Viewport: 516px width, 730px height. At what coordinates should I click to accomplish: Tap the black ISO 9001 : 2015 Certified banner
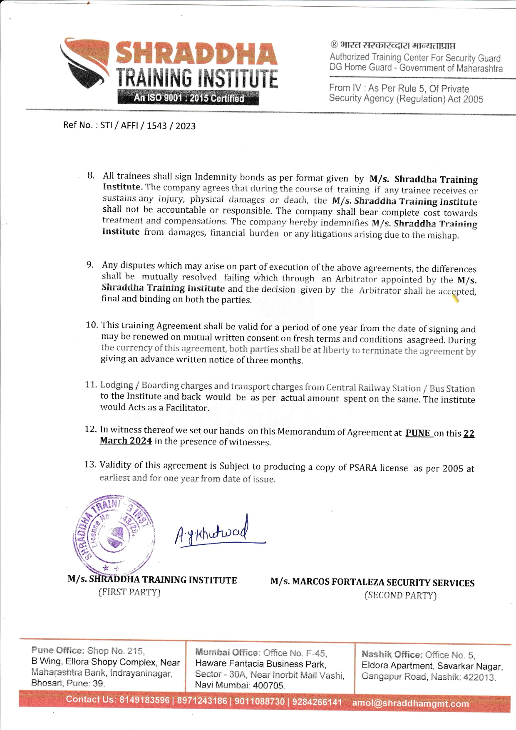coord(188,98)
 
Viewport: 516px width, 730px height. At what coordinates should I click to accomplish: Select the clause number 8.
coord(91,175)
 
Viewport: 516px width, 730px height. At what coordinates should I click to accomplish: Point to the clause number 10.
coord(92,325)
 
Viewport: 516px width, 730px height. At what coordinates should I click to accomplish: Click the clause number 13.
coord(90,464)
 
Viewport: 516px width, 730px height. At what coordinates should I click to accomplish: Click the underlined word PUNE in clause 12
coord(418,433)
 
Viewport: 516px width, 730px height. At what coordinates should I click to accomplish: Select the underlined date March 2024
coord(126,441)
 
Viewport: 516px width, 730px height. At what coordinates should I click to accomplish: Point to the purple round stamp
coord(114,534)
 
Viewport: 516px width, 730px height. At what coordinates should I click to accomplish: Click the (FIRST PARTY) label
coord(129,592)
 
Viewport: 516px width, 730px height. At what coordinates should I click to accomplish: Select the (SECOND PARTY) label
coord(400,595)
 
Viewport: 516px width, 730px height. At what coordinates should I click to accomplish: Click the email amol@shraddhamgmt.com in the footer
coord(410,703)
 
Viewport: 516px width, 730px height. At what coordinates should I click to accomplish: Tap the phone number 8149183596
coord(144,700)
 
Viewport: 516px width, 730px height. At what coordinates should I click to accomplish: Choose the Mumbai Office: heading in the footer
coord(228,653)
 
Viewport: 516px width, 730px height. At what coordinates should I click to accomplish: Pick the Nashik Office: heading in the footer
coord(391,655)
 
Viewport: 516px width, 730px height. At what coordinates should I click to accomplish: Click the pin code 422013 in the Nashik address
coord(479,677)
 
